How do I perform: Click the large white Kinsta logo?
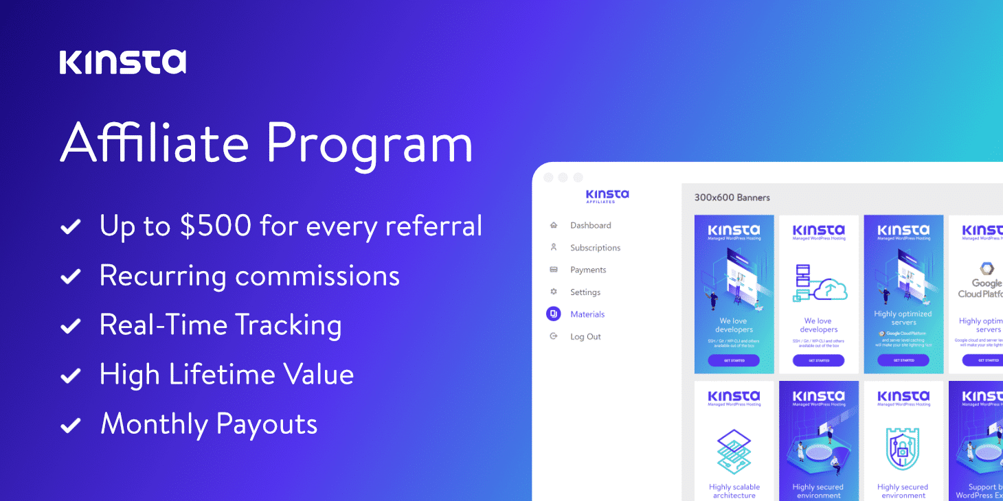122,62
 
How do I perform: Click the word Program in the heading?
370,143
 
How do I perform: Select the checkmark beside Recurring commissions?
70,276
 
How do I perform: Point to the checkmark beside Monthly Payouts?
70,425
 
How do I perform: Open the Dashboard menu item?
590,225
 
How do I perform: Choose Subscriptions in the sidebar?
595,248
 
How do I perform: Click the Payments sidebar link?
588,270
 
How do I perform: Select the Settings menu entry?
585,292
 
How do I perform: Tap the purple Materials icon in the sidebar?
553,314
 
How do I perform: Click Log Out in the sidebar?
585,337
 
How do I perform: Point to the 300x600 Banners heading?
732,198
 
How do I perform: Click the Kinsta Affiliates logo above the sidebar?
607,196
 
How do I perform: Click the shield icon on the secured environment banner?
903,450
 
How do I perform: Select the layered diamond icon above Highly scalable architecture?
734,452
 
